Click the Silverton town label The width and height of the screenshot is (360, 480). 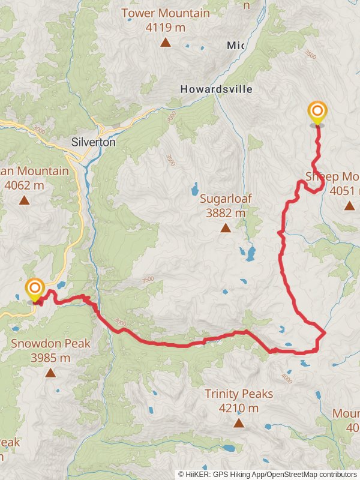click(x=93, y=143)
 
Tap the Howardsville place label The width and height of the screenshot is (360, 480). click(x=217, y=89)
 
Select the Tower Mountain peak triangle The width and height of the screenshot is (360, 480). click(x=165, y=42)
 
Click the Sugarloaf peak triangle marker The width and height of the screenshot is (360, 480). click(x=225, y=227)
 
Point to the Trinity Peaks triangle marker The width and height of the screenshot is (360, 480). click(x=239, y=423)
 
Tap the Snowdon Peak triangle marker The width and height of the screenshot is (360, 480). click(x=50, y=373)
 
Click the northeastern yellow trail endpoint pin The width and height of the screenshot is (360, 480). click(x=317, y=113)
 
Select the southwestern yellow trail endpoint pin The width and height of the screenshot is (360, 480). click(x=35, y=290)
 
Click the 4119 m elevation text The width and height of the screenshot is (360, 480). click(x=165, y=26)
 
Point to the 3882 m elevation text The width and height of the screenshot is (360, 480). click(x=225, y=212)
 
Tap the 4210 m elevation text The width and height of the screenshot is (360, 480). click(x=239, y=409)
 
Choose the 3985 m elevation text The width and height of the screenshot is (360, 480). click(x=50, y=358)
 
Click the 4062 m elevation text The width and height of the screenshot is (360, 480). click(x=24, y=185)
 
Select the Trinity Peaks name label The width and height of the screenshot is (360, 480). click(x=239, y=394)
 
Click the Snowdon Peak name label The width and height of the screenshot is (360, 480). click(x=50, y=344)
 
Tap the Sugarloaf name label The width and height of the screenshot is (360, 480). click(x=225, y=199)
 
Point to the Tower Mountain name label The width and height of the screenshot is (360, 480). click(x=165, y=13)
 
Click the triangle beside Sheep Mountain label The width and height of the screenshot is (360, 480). click(x=349, y=206)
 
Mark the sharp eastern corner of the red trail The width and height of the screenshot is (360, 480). click(x=325, y=332)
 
